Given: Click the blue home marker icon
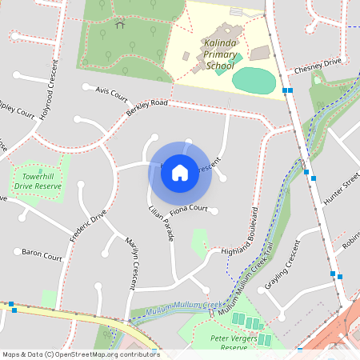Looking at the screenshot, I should click(180, 172).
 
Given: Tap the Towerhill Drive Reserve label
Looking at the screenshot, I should click(42, 181).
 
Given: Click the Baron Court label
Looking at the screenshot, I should click(42, 257).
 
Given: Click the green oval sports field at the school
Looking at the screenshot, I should click(254, 80).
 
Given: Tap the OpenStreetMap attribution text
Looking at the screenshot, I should click(80, 354).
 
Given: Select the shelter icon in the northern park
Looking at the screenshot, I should click(120, 24).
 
